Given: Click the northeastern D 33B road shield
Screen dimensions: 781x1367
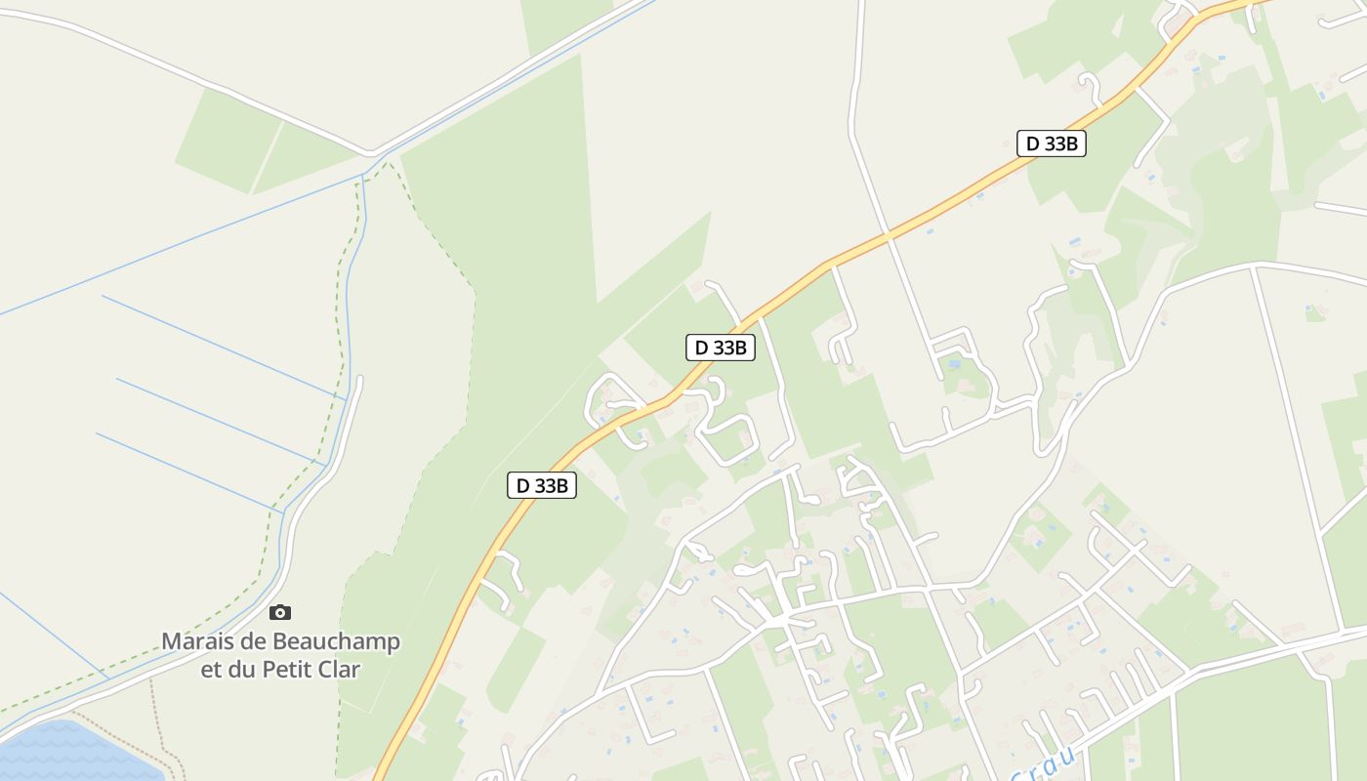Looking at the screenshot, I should [x=1052, y=144].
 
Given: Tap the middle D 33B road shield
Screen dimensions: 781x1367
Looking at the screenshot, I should [x=721, y=347].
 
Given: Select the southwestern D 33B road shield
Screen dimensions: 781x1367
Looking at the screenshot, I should [x=542, y=485].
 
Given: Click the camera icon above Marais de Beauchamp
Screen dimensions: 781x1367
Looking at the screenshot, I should [x=280, y=613].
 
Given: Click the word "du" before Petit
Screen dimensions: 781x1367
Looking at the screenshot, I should [x=241, y=670].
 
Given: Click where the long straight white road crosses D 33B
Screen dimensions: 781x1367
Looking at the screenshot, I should [x=888, y=235].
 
